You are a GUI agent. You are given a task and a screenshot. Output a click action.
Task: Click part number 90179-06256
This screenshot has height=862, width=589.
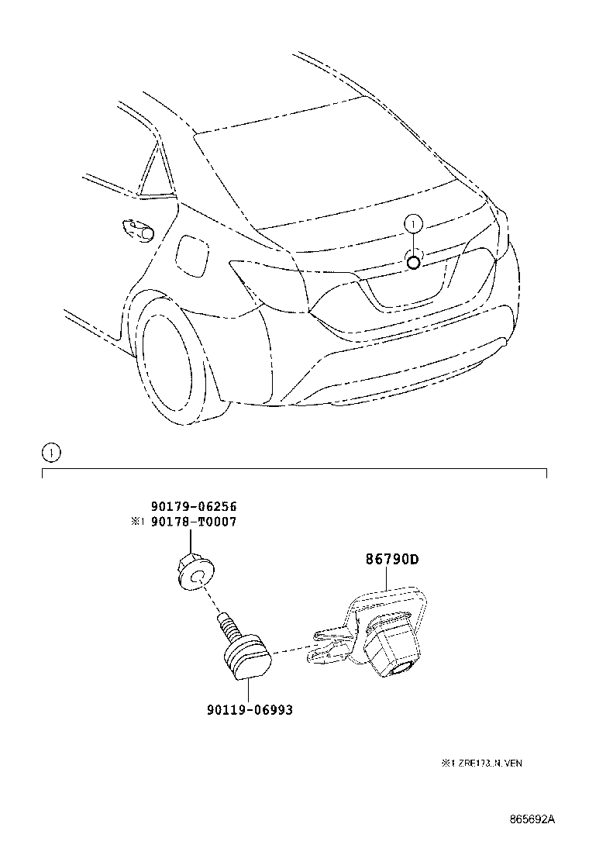(x=194, y=506)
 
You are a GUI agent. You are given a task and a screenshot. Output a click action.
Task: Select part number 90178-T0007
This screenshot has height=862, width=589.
(x=194, y=522)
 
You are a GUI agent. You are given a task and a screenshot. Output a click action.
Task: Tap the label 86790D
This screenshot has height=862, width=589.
(x=392, y=560)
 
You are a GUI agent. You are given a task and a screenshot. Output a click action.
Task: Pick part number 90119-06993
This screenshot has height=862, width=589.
(x=250, y=710)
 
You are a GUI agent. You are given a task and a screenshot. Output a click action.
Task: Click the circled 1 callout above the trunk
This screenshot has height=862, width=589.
(x=413, y=224)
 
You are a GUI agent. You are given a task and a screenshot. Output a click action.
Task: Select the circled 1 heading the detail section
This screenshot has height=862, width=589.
(x=51, y=453)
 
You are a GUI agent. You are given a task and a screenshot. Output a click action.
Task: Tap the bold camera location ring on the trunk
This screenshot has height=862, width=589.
(x=414, y=263)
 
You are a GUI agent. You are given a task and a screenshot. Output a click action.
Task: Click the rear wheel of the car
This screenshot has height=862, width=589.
(x=177, y=364)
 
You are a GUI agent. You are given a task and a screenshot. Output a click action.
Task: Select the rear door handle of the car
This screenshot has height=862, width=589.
(x=136, y=229)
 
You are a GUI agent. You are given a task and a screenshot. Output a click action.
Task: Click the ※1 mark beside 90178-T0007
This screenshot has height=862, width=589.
(x=137, y=522)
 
